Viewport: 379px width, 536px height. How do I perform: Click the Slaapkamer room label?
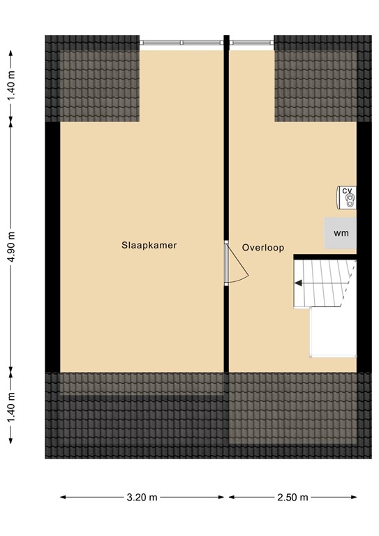[148, 246]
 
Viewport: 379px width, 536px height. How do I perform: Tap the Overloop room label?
[263, 247]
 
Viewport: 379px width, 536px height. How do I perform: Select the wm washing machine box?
[341, 232]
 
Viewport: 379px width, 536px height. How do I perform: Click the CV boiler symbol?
[347, 200]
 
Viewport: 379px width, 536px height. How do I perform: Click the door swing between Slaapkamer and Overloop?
[237, 266]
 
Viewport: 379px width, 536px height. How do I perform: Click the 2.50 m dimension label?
[292, 498]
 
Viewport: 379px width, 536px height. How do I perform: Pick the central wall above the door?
[226, 140]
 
